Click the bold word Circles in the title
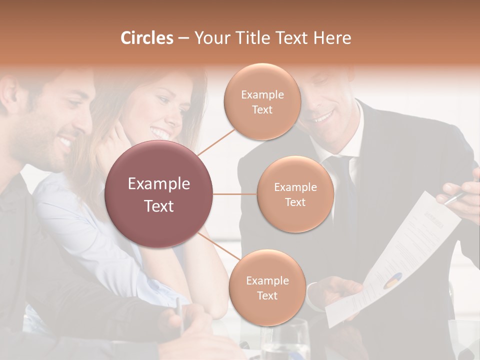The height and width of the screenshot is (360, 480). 147,38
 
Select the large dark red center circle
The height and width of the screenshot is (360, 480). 158,194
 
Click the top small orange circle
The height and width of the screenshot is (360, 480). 262,101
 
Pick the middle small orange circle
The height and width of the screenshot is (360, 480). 295,194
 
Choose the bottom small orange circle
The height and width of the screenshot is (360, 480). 267,287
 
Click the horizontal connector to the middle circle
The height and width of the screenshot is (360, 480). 234,194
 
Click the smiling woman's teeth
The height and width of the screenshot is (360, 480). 160,133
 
